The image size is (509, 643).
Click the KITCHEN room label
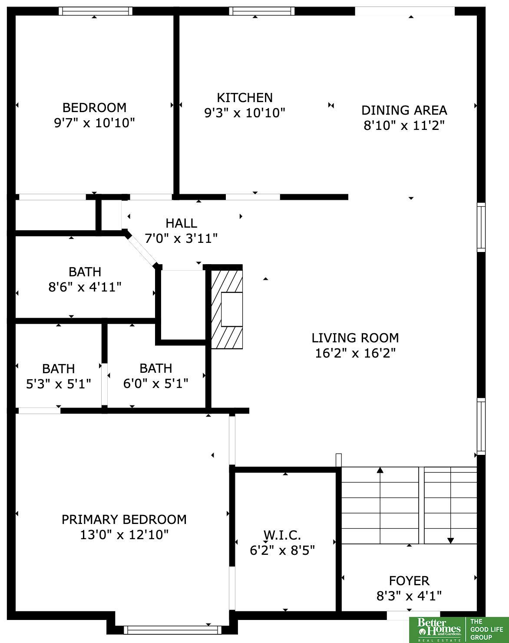click(x=245, y=98)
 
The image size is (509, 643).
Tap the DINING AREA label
click(x=404, y=110)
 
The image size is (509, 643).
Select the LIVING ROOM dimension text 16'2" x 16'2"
click(x=355, y=353)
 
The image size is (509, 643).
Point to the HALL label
click(x=181, y=223)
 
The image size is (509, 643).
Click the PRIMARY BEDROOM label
click(x=124, y=520)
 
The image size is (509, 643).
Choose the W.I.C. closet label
click(x=282, y=535)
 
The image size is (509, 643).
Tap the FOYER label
click(x=409, y=581)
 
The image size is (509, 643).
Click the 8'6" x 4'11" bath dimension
click(x=85, y=287)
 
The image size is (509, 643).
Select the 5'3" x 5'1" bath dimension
click(x=58, y=384)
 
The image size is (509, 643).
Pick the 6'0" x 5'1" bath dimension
click(x=155, y=383)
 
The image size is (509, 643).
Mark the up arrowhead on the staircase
click(x=380, y=470)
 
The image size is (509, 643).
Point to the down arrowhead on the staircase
click(x=450, y=540)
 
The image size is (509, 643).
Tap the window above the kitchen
click(x=262, y=11)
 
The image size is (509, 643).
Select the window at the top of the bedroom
click(x=95, y=11)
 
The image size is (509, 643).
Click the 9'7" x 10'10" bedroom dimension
click(x=94, y=123)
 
